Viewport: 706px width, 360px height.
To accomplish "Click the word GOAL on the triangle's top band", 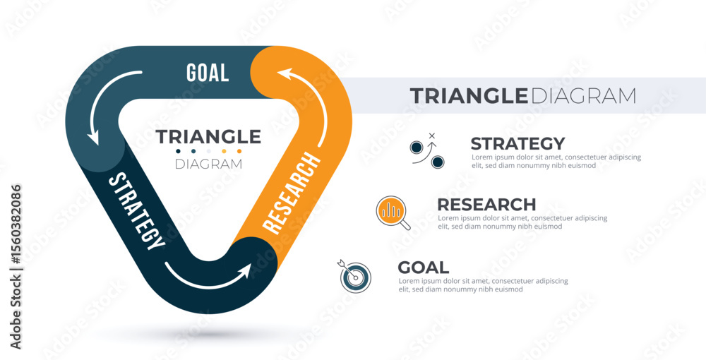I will (208, 73).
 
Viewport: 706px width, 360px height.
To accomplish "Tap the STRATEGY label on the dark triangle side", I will (137, 210).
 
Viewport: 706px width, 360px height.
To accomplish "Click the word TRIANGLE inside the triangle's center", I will (208, 137).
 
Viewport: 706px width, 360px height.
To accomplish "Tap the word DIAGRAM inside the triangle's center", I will (208, 164).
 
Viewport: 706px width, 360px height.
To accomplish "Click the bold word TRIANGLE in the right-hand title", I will (469, 96).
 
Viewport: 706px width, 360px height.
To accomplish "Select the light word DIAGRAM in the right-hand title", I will (582, 96).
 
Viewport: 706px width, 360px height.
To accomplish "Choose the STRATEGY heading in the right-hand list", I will (517, 143).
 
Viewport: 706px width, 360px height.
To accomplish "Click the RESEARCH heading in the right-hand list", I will (486, 205).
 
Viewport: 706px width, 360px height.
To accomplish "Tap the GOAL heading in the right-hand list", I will (423, 268).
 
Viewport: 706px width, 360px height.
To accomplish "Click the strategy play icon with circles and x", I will (427, 151).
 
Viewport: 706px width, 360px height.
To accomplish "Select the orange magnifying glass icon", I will (393, 212).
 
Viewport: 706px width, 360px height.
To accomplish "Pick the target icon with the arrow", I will (354, 276).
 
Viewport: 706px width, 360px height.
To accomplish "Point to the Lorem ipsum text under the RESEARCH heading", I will (522, 222).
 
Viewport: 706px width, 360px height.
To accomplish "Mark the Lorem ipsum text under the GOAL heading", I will (483, 285).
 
